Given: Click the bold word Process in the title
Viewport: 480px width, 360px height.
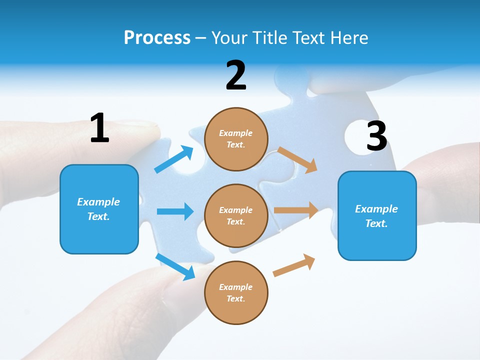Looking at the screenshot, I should (157, 37).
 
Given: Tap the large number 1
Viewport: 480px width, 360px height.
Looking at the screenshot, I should (99, 128).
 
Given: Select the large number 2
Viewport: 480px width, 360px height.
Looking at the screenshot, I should (236, 75).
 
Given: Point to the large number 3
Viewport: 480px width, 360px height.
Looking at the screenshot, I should (376, 136).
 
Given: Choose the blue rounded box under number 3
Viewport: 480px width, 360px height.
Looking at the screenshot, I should (377, 240).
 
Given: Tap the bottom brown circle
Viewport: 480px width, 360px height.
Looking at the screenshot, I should (236, 310).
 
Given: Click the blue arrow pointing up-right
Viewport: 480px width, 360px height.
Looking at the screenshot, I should (174, 159).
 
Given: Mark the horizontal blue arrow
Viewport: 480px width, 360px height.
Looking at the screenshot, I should (175, 211).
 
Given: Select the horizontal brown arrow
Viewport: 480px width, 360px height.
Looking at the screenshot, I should (296, 210).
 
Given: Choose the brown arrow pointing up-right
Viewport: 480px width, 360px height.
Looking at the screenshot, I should (294, 265).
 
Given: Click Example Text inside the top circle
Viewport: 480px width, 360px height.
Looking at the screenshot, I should (236, 139).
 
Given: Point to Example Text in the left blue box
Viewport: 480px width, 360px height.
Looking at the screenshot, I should (98, 209).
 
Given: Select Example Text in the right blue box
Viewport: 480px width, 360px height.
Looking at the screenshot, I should (376, 216).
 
